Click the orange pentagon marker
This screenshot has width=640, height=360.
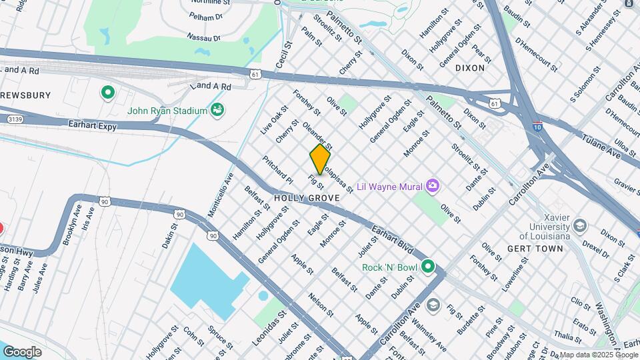(320, 160)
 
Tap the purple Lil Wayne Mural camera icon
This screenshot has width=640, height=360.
(433, 185)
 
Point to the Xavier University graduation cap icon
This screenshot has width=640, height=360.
(579, 225)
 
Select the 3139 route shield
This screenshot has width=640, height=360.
(14, 119)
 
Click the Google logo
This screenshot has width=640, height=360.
(22, 351)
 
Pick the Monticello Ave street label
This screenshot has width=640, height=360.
(221, 193)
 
